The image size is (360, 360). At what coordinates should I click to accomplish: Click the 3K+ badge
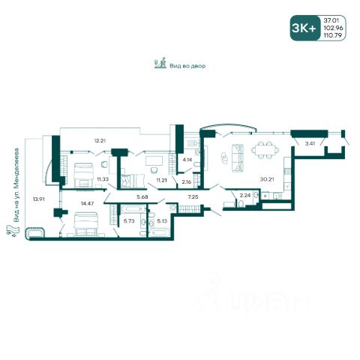(x=304, y=28)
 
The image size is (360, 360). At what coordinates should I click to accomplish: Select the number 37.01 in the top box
(x=331, y=20)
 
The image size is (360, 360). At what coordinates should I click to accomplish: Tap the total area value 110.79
(x=332, y=35)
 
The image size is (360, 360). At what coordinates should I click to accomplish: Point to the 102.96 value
(x=333, y=28)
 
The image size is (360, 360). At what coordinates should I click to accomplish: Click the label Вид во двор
(x=187, y=66)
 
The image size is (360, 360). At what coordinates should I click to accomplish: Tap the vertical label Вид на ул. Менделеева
(x=16, y=185)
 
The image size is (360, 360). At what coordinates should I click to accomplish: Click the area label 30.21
(x=267, y=179)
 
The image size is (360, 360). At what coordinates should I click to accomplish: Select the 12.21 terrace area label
(x=100, y=140)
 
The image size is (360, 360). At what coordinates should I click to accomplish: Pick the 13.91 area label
(x=38, y=199)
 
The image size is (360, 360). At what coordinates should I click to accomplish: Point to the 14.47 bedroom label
(x=87, y=203)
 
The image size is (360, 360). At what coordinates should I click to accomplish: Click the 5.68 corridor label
(x=142, y=197)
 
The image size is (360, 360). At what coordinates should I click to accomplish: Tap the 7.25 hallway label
(x=193, y=197)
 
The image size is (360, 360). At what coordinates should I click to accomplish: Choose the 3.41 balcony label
(x=310, y=143)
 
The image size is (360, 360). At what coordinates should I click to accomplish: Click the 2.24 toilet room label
(x=245, y=196)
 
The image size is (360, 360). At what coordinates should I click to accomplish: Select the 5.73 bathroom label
(x=129, y=221)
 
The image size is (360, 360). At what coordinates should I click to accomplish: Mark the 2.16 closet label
(x=187, y=182)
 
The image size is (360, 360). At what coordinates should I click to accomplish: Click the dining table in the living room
(x=265, y=150)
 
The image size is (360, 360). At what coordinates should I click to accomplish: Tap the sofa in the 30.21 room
(x=238, y=158)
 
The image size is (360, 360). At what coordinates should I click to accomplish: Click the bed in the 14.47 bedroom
(x=85, y=224)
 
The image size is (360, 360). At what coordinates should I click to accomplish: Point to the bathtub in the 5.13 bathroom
(x=160, y=232)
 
